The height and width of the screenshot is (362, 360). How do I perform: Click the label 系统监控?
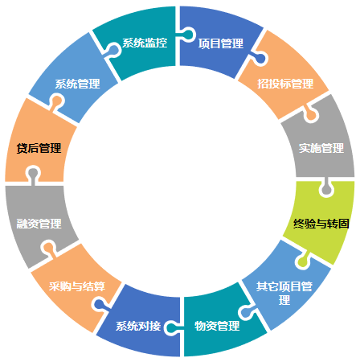point(145,43)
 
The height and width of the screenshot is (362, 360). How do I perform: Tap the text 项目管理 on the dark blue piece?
point(221,43)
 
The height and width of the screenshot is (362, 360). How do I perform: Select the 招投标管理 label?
point(285,84)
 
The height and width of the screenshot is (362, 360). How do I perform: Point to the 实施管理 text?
point(321,148)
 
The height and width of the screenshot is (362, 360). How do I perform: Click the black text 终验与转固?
point(321,224)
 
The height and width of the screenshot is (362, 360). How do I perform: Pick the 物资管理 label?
point(217,326)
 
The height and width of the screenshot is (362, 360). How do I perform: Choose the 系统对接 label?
point(138,326)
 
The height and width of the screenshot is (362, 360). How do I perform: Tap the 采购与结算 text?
point(77,286)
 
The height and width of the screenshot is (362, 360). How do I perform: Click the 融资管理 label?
point(39,224)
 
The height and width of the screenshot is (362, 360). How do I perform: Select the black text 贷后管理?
point(39,148)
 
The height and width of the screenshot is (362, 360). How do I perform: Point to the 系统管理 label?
point(78,84)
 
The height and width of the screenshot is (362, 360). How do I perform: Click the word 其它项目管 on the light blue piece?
point(284,286)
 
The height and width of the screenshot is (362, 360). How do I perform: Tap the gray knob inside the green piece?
point(326,189)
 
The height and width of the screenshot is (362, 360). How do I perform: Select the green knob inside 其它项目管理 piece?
point(303,261)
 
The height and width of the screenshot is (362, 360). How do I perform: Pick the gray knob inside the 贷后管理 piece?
point(33,174)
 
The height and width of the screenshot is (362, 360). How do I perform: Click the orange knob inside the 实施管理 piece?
point(311,115)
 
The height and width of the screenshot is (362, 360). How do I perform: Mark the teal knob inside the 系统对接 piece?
point(171,327)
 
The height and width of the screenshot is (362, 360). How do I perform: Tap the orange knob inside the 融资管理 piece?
point(49,249)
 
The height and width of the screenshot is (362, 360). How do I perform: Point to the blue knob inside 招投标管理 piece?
point(260,59)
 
